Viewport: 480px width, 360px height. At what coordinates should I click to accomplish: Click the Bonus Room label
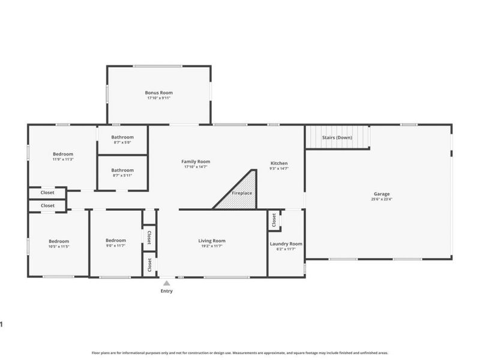(158, 92)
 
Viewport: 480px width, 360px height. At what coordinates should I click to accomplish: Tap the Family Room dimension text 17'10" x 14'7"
(196, 167)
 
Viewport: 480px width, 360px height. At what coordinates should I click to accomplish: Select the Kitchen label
(279, 163)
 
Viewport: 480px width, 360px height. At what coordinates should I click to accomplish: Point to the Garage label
(382, 194)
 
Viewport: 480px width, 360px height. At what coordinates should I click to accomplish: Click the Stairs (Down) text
(337, 137)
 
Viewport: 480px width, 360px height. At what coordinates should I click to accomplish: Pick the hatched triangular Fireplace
(240, 193)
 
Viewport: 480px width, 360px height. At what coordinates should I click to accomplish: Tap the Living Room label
(212, 241)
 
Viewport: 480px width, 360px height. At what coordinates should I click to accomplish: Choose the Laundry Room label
(286, 244)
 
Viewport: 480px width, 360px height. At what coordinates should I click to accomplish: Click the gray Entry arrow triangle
(166, 282)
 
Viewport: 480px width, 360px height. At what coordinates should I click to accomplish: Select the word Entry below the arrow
(166, 291)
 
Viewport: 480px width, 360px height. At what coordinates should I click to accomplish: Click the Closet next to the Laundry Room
(274, 221)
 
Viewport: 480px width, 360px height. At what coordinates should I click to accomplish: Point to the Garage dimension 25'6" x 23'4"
(382, 199)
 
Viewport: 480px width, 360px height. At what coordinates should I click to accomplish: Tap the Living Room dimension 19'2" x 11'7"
(212, 246)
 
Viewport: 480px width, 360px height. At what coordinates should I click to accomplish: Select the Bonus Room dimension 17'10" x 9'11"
(158, 98)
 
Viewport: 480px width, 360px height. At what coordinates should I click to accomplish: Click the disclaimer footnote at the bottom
(240, 353)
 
